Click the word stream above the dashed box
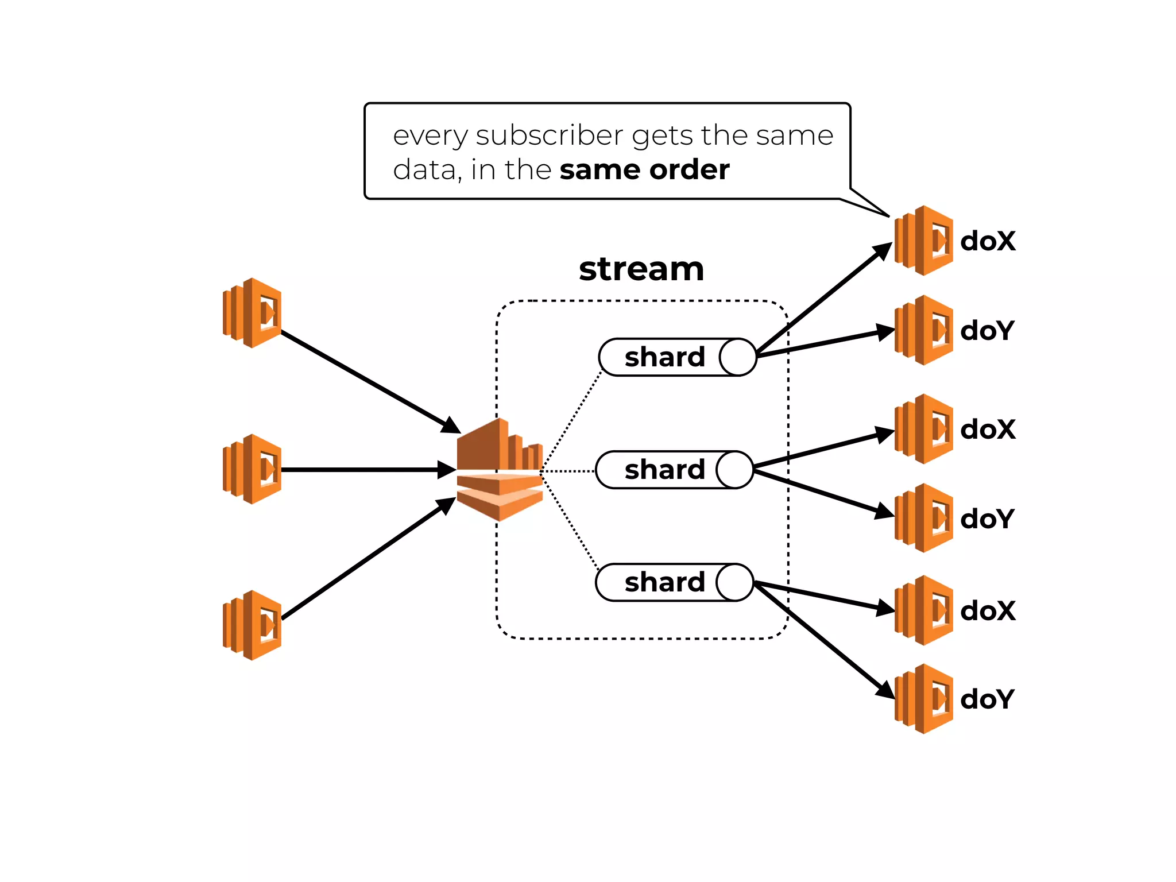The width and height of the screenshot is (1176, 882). (x=641, y=269)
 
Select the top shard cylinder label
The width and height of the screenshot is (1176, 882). (x=664, y=357)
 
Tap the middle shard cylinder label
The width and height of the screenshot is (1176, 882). (x=664, y=470)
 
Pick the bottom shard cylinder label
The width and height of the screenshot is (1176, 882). (x=664, y=582)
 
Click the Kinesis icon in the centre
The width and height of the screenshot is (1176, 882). (x=500, y=470)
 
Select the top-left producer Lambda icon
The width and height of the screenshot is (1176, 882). (x=253, y=313)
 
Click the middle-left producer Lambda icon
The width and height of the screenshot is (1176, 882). (x=253, y=469)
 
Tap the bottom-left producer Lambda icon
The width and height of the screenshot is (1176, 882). (x=253, y=625)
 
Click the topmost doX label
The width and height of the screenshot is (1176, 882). (x=988, y=241)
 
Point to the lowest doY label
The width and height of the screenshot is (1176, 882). (x=987, y=699)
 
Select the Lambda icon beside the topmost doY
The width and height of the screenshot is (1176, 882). (x=924, y=330)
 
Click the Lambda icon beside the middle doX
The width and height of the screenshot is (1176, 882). (x=924, y=429)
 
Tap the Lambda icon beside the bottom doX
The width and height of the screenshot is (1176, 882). (x=924, y=610)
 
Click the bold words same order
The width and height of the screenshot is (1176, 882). (x=644, y=170)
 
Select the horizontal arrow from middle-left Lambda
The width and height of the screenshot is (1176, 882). (x=367, y=470)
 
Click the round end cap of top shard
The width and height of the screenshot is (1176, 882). (x=738, y=357)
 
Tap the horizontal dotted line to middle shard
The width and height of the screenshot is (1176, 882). (x=568, y=471)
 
